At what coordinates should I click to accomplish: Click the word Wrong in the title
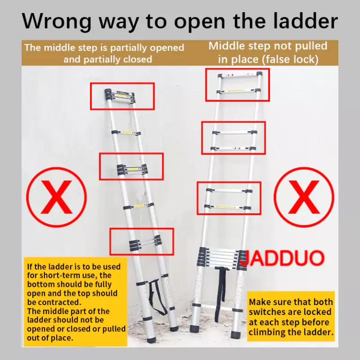tap(56, 22)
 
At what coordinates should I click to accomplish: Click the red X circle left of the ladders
tap(56, 197)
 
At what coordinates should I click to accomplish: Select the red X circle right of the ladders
tap(304, 197)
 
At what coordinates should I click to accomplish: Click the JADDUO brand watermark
tap(283, 258)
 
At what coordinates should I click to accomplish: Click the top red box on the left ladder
tap(122, 96)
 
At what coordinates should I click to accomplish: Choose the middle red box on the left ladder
tap(131, 166)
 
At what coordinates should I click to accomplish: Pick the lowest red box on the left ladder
tap(142, 241)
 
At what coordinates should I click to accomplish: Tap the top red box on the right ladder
tap(237, 85)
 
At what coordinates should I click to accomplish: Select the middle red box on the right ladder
tap(233, 138)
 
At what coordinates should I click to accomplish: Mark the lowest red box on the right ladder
tap(229, 198)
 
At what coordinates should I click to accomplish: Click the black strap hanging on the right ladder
tap(220, 294)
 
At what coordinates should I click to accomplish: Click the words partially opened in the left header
tap(147, 48)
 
